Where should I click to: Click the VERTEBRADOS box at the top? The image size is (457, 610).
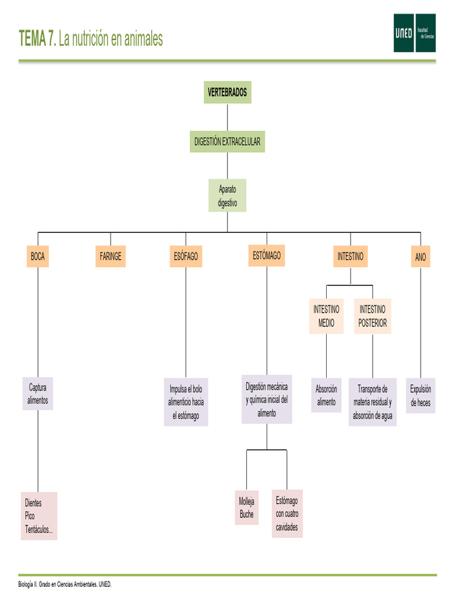[227, 92]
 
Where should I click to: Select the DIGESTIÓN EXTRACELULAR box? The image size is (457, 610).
[227, 142]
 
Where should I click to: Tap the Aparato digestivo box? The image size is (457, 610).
[227, 195]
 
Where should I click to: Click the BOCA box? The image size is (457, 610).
[37, 257]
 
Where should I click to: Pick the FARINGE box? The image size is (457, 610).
[111, 257]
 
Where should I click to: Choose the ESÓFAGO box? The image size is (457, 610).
[186, 257]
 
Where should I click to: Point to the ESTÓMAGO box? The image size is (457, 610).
[267, 256]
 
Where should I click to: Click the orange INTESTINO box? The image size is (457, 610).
[350, 257]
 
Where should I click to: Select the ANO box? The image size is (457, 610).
[421, 257]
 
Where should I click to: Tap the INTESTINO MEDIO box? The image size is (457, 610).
[326, 316]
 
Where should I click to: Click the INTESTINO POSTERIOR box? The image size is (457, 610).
[373, 316]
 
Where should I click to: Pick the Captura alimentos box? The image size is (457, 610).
[37, 394]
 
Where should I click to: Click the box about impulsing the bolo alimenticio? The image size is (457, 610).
[186, 402]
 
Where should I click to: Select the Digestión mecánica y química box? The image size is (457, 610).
[267, 400]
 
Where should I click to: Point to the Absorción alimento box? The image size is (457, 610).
[326, 395]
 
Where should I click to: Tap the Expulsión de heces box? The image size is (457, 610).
[421, 396]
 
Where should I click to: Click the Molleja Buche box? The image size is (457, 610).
[247, 508]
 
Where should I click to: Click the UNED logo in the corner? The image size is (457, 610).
[414, 33]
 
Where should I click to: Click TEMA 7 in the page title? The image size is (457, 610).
[38, 39]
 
